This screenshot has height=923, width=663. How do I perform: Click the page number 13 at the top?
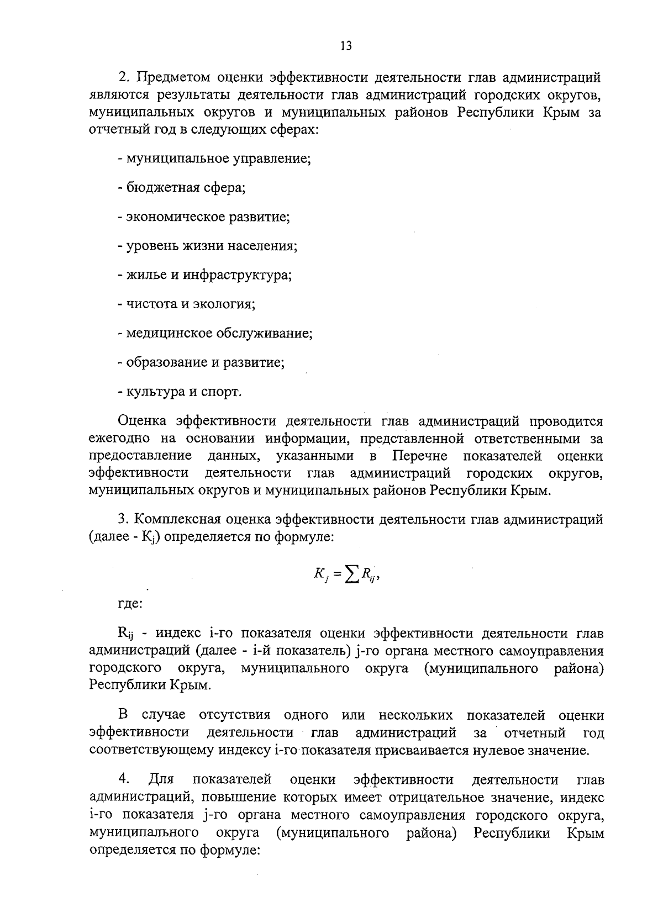[346, 46]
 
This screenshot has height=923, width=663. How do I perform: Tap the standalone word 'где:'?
[130, 604]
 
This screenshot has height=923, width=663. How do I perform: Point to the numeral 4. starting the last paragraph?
[124, 780]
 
